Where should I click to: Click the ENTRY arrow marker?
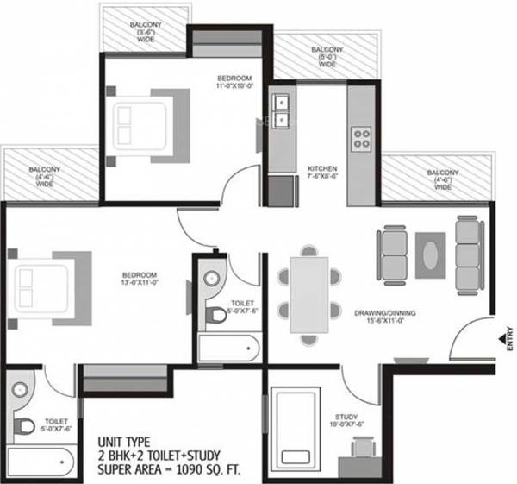501,340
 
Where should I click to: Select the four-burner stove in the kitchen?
362,136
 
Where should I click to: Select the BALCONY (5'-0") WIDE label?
327,57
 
